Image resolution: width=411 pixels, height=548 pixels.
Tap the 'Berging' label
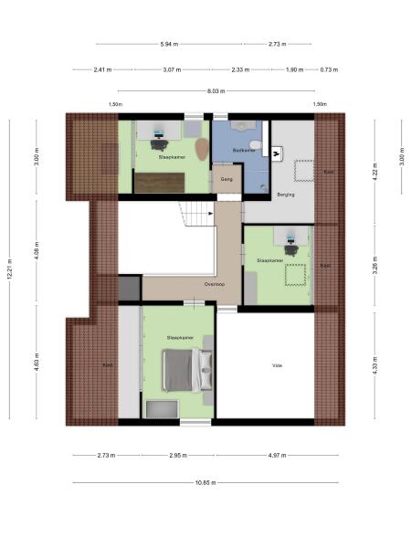coord(285,194)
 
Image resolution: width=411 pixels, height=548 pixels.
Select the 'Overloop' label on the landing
coord(215,284)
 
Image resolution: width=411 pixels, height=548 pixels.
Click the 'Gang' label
coord(227,179)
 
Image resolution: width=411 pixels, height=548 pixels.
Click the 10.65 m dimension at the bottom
coord(205,483)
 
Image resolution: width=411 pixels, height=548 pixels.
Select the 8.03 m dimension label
coord(216,90)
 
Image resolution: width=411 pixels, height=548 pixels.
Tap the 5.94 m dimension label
coord(168,44)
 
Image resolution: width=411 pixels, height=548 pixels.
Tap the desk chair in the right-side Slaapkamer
coord(291,248)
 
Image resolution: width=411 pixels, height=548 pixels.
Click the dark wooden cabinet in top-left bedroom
coord(159,183)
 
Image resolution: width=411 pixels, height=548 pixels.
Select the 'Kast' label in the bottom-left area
coord(107,364)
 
